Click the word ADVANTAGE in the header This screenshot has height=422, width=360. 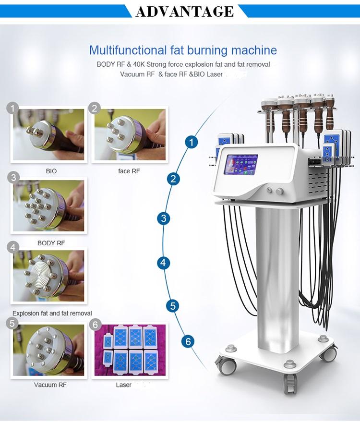pyautogui.click(x=184, y=11)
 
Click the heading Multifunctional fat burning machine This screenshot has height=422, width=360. pyautogui.click(x=183, y=50)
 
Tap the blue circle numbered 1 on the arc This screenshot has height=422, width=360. pyautogui.click(x=192, y=142)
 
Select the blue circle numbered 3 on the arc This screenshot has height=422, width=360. pyautogui.click(x=164, y=218)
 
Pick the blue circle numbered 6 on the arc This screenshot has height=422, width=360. pyautogui.click(x=188, y=341)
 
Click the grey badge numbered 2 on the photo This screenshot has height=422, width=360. pyautogui.click(x=95, y=108)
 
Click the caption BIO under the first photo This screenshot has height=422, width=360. pyautogui.click(x=51, y=171)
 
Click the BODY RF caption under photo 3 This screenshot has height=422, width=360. pyautogui.click(x=51, y=243)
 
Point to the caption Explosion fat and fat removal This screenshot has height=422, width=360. pyautogui.click(x=52, y=313)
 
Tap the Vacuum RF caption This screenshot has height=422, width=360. pyautogui.click(x=50, y=385)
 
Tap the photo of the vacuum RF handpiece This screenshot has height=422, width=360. pyautogui.click(x=48, y=350)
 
